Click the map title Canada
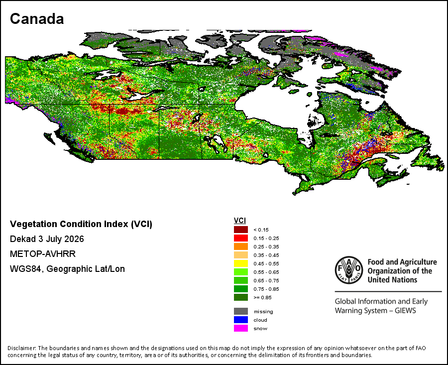point(37,19)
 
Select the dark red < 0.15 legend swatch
point(241,230)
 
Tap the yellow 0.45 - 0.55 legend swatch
point(241,263)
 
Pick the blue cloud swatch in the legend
point(241,320)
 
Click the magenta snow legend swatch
point(241,328)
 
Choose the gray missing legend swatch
point(241,311)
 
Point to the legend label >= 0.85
point(262,298)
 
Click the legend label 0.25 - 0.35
point(266,246)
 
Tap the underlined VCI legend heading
point(240,221)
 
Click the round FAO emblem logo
point(349,270)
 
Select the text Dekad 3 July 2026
point(47,239)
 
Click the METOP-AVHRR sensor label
point(43,254)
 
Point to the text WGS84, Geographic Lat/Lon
point(67,269)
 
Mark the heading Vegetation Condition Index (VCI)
point(81,224)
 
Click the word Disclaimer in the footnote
point(22,348)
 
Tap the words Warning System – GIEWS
point(375,310)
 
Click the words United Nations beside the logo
point(392,279)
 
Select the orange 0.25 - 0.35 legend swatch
point(241,246)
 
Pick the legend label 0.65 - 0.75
point(266,281)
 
